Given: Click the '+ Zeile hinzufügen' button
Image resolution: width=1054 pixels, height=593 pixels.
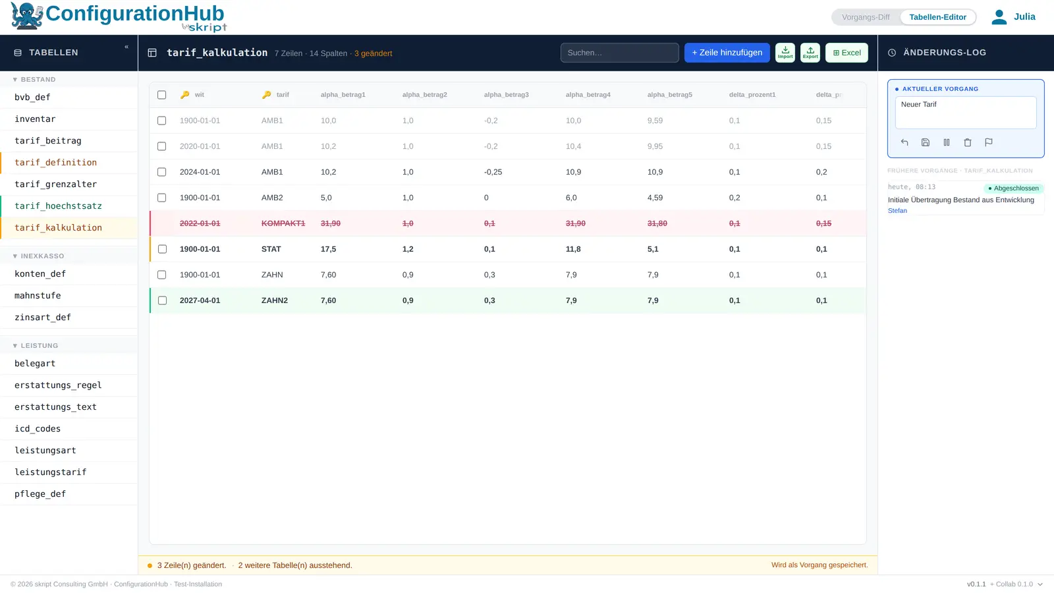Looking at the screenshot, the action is (727, 53).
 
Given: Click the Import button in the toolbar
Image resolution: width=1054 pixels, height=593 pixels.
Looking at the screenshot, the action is (785, 53).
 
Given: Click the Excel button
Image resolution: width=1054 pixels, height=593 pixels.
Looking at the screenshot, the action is (846, 53).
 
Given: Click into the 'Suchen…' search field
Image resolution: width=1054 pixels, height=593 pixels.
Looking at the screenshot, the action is (619, 53).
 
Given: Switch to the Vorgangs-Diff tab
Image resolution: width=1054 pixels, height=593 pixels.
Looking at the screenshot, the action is (866, 17).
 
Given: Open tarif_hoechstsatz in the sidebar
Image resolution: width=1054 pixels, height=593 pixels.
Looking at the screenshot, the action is (59, 206).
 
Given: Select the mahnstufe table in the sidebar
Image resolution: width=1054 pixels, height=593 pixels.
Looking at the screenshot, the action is (38, 296).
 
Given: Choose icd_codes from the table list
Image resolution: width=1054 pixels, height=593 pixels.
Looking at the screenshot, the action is (38, 429).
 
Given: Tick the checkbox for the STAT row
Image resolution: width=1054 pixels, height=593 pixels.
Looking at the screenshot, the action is (162, 249).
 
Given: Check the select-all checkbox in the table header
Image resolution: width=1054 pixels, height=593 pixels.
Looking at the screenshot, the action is (162, 95).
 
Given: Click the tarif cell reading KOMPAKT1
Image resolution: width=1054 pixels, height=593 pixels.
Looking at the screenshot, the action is (283, 223).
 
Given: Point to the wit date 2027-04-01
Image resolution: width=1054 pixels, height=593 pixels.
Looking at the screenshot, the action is (200, 300).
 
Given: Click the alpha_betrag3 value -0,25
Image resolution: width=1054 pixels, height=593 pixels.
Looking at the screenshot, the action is (493, 172).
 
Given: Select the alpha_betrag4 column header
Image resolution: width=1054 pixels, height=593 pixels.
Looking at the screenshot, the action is (588, 95).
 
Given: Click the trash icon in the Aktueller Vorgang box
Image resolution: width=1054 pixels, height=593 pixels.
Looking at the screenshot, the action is (968, 142).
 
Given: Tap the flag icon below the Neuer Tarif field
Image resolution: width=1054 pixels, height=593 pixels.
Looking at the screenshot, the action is (989, 142).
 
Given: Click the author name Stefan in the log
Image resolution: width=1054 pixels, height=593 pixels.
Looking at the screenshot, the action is (897, 211).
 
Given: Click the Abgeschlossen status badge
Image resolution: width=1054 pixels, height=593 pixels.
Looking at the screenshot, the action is (1013, 188).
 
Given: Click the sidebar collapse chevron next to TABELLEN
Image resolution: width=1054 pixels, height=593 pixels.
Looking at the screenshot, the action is (126, 47).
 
